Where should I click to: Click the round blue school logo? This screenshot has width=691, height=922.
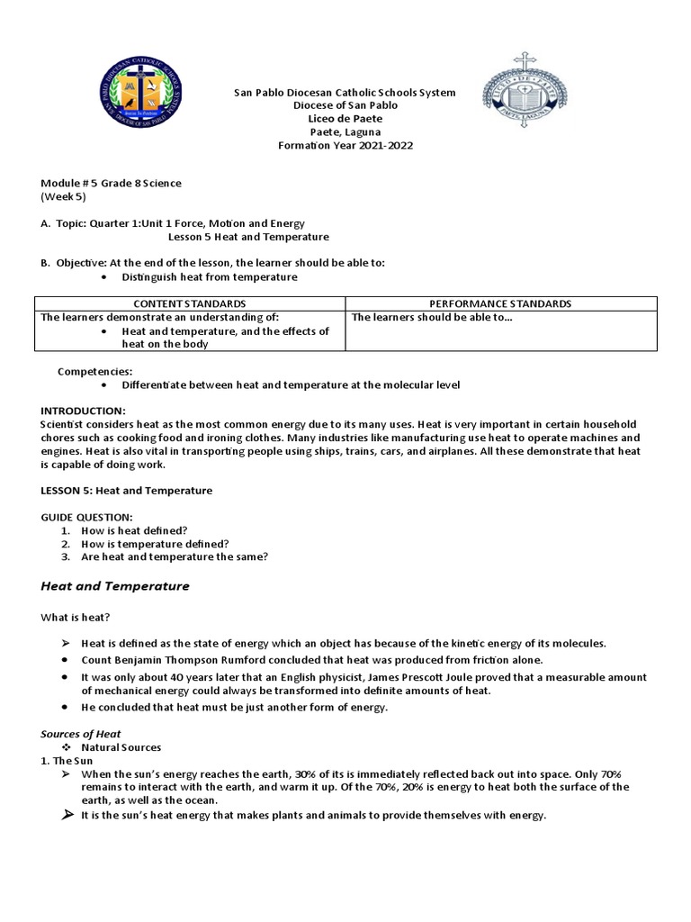(142, 95)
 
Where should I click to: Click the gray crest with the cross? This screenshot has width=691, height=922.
(525, 92)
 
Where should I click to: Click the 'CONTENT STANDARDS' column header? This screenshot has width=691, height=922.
(189, 304)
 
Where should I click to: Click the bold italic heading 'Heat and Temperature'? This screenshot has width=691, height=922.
(115, 586)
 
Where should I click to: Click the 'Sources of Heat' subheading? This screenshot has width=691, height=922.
(81, 735)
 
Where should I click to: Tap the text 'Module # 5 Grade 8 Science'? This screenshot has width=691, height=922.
(111, 184)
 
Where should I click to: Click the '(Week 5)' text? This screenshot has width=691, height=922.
(63, 196)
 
